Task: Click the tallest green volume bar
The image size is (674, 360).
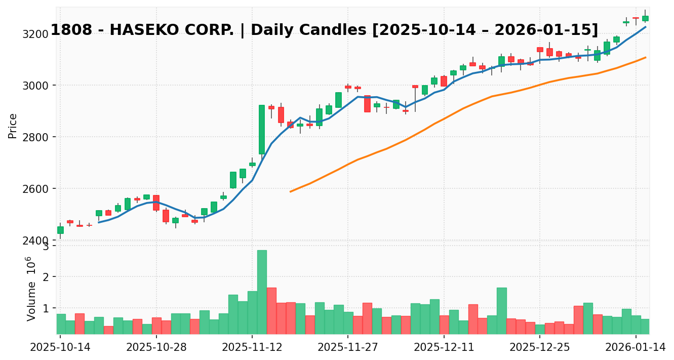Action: point(262,292)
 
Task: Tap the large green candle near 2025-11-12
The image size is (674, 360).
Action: point(262,130)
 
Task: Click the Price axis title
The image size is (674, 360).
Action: point(13,126)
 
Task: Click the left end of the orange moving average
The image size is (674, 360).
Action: point(290,191)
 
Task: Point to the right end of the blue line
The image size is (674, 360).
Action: point(645,27)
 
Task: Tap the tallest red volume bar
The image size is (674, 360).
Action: point(271,310)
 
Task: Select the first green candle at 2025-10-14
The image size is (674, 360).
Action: point(60,230)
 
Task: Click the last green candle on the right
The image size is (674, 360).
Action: point(645,18)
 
